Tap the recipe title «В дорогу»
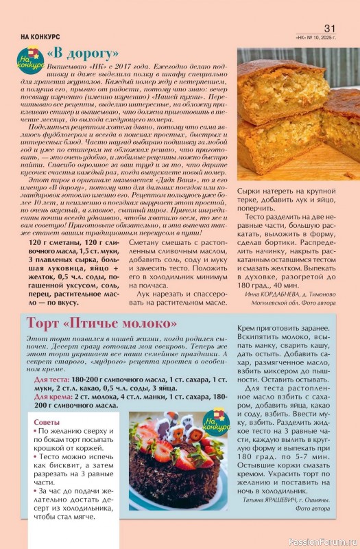83,54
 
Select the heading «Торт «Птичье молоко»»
101,323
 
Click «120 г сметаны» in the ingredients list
58,244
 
